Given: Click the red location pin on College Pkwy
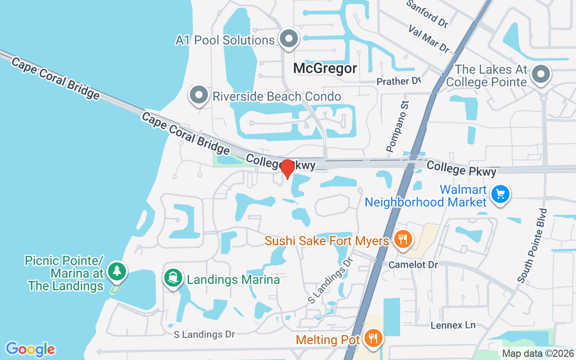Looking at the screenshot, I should (x=288, y=169).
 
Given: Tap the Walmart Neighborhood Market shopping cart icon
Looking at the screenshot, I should (x=500, y=194).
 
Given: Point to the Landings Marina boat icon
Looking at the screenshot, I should (x=173, y=278).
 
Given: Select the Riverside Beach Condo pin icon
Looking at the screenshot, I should (x=198, y=94).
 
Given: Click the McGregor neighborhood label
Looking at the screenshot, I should (x=325, y=68).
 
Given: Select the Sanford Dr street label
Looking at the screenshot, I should (x=427, y=13).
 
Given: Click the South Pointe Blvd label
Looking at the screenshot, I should (x=532, y=245).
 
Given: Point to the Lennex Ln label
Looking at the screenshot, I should (x=453, y=325).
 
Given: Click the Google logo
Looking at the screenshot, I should (x=30, y=349).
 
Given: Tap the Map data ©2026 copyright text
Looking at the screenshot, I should (x=538, y=353).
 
